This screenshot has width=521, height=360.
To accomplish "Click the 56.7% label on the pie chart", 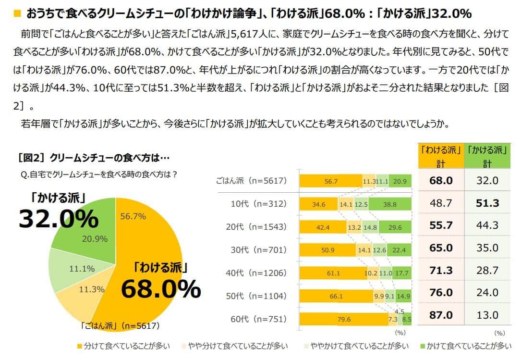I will pos(133,216).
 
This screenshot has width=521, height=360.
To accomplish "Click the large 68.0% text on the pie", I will pos(160,289).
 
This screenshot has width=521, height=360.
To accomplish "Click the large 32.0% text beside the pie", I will pos(58,219).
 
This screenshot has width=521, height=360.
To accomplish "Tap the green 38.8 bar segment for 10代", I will pos(390,204).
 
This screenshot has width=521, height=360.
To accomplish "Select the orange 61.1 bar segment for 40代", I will pos(333,273).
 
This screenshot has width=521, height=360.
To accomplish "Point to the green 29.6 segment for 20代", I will pos(395,227).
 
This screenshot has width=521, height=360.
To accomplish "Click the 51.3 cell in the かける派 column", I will pos(487,203).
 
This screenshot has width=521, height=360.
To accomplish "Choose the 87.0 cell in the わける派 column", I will pos(441,315).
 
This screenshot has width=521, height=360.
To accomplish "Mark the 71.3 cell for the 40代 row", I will pos(441,270).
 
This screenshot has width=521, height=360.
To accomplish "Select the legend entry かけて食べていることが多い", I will pos(464,346).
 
